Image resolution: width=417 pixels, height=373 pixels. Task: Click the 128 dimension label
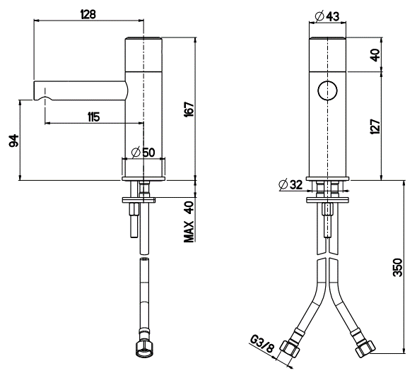coord(88,14)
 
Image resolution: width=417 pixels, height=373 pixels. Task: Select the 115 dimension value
coord(93,117)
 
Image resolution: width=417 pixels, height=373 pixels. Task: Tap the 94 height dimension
coord(14,141)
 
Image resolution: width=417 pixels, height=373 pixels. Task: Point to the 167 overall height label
coord(189,109)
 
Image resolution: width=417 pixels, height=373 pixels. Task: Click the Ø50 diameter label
coord(143,153)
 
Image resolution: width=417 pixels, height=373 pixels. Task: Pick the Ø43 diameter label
coord(327,16)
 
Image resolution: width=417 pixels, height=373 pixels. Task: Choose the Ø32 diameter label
coord(290,184)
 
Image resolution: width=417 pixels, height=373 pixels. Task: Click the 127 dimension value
coord(375,126)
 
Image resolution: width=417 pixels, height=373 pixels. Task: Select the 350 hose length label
coord(398,267)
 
